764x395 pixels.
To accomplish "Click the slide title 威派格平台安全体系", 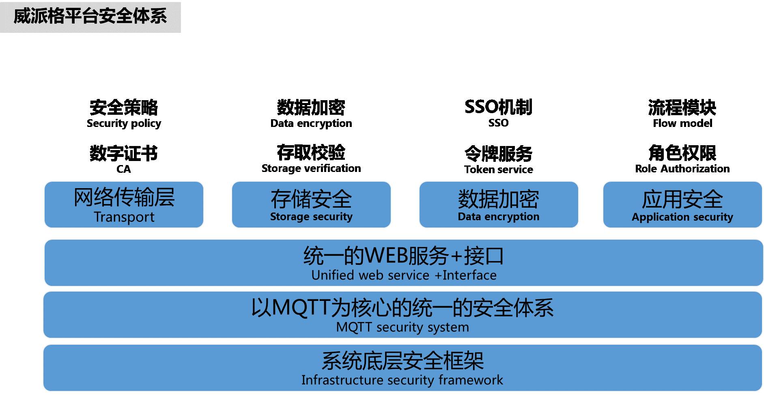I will tap(90, 17).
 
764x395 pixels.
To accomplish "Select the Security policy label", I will tap(124, 123).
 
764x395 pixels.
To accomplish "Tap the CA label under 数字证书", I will tap(124, 169).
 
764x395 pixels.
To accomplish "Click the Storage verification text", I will tap(311, 168).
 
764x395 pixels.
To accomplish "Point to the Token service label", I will tap(498, 170).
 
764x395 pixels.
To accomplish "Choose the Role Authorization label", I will tap(682, 169).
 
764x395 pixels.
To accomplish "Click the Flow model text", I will tap(682, 123).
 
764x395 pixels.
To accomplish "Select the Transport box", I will tap(124, 205).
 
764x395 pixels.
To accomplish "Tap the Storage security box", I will tap(311, 205).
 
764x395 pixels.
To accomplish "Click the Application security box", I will tap(682, 205).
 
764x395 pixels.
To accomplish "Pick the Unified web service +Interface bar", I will tap(404, 263).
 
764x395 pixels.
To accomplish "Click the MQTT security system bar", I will tap(402, 315).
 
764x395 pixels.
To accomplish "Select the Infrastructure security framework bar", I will tap(402, 368).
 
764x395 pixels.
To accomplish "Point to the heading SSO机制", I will tap(498, 107).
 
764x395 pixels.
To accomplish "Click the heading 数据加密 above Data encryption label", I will tap(311, 107).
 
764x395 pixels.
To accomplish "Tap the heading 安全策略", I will tap(124, 107).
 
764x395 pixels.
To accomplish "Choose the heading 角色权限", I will tap(682, 153).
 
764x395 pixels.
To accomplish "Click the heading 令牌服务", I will tap(498, 154).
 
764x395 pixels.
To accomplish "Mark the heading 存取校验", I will tap(311, 153).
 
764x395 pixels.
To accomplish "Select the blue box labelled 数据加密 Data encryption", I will tap(498, 205).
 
